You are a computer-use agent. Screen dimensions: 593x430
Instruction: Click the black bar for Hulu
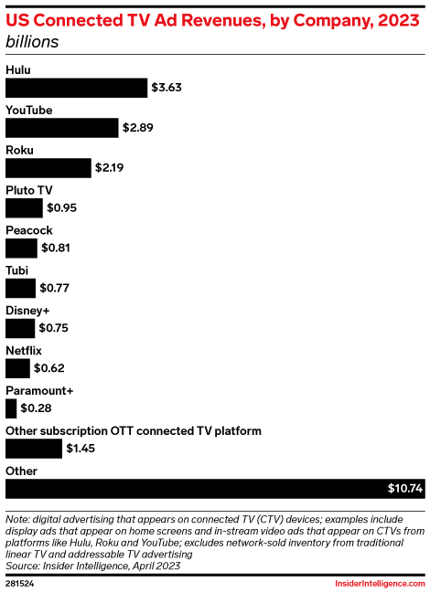(76, 88)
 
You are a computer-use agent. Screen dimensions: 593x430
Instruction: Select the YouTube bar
(62, 128)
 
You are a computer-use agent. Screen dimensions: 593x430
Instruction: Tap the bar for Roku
(48, 168)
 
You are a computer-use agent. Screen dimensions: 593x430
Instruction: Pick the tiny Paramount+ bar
(10, 408)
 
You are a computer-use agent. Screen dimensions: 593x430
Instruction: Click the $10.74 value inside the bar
(404, 489)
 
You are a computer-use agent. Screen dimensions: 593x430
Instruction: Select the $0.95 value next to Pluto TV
(62, 208)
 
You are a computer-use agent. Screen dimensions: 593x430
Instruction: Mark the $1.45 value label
(81, 449)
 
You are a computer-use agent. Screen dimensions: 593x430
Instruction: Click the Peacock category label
(29, 230)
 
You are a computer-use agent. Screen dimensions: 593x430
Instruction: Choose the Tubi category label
(16, 270)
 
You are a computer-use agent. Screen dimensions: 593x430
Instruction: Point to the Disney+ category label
(27, 310)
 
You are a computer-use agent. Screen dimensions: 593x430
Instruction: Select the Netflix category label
(24, 350)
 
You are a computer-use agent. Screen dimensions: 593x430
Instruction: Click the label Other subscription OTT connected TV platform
(134, 430)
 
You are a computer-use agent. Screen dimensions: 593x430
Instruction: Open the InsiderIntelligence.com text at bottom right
(377, 581)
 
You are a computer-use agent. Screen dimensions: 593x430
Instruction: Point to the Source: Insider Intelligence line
(92, 566)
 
